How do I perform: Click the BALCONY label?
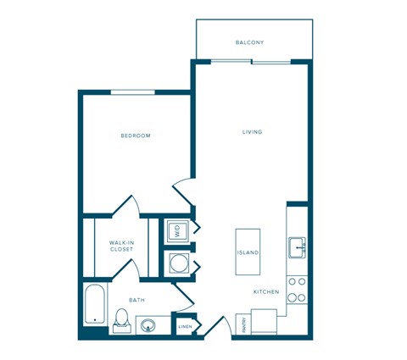(251, 42)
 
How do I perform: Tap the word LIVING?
(252, 132)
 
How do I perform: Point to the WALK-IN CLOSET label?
(121, 246)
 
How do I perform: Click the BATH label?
(137, 300)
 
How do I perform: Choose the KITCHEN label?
(265, 292)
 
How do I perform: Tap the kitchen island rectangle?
(248, 252)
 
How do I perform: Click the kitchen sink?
(298, 248)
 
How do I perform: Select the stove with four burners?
(297, 289)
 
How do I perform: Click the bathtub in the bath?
(93, 306)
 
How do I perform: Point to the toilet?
(122, 320)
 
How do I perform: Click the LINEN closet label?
(185, 326)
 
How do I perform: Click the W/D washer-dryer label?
(178, 229)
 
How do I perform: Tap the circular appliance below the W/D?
(178, 263)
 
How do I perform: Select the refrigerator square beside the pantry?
(265, 323)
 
